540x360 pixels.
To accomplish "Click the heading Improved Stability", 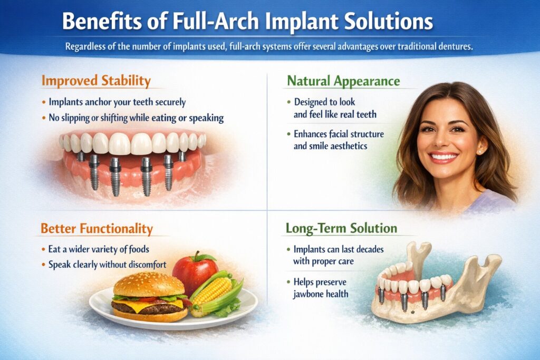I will tap(96, 82).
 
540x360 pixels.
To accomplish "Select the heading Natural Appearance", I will tap(343, 82).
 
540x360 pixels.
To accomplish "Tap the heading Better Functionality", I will tap(97, 229).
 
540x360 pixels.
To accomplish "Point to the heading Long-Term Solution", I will tap(341, 229).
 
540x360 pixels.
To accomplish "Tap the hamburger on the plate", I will tap(150, 298).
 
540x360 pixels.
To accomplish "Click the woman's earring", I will tap(480, 151).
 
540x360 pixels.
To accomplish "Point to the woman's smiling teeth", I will tap(443, 157).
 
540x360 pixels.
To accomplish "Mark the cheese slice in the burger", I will tap(153, 305).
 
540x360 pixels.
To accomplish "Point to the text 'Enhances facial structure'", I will tap(339, 134).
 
